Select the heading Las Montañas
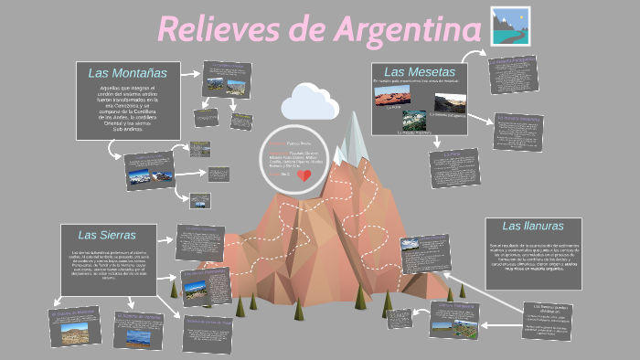(x=127, y=72)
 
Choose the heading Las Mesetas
(x=419, y=71)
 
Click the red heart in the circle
(x=306, y=175)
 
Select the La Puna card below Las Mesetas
(x=455, y=167)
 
